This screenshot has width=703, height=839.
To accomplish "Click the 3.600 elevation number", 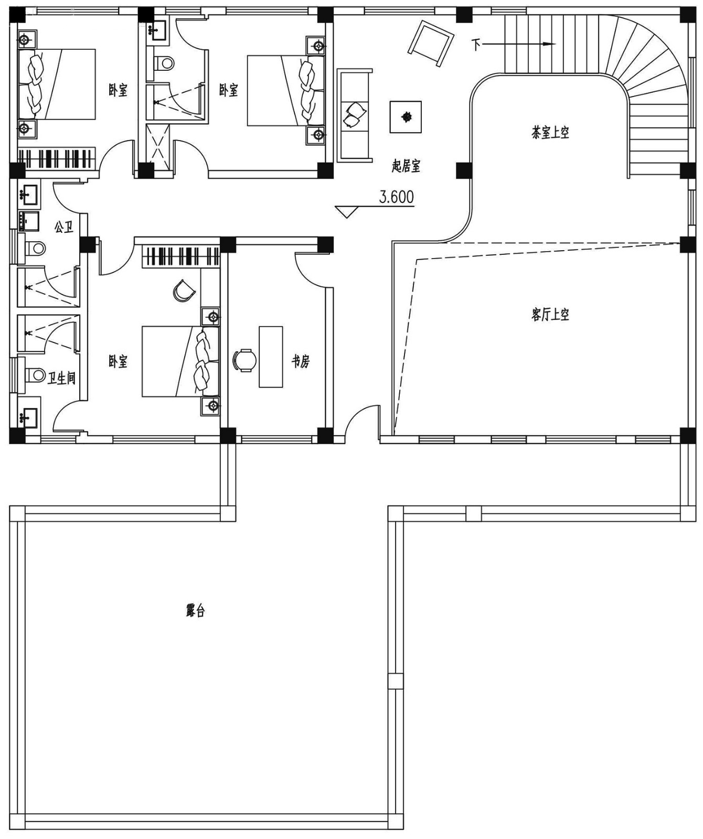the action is [396, 197].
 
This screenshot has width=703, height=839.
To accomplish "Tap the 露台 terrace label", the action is [195, 610].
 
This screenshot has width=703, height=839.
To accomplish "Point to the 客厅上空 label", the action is [550, 315].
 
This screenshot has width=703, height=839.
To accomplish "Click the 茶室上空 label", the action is [550, 132].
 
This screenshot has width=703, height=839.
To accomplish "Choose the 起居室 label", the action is [406, 166].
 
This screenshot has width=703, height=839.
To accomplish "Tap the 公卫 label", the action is [63, 227].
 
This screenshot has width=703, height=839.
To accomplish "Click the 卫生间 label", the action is [61, 378].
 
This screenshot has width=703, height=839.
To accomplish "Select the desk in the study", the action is [271, 357].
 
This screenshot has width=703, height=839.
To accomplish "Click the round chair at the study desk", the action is [244, 360].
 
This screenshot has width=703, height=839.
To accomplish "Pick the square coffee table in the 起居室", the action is [406, 116].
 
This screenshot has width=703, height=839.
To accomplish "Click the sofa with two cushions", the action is [355, 115].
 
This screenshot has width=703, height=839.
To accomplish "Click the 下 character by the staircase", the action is [476, 45].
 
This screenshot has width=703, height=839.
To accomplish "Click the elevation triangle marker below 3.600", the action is [346, 212].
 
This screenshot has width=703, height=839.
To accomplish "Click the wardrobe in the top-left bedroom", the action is [57, 158].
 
